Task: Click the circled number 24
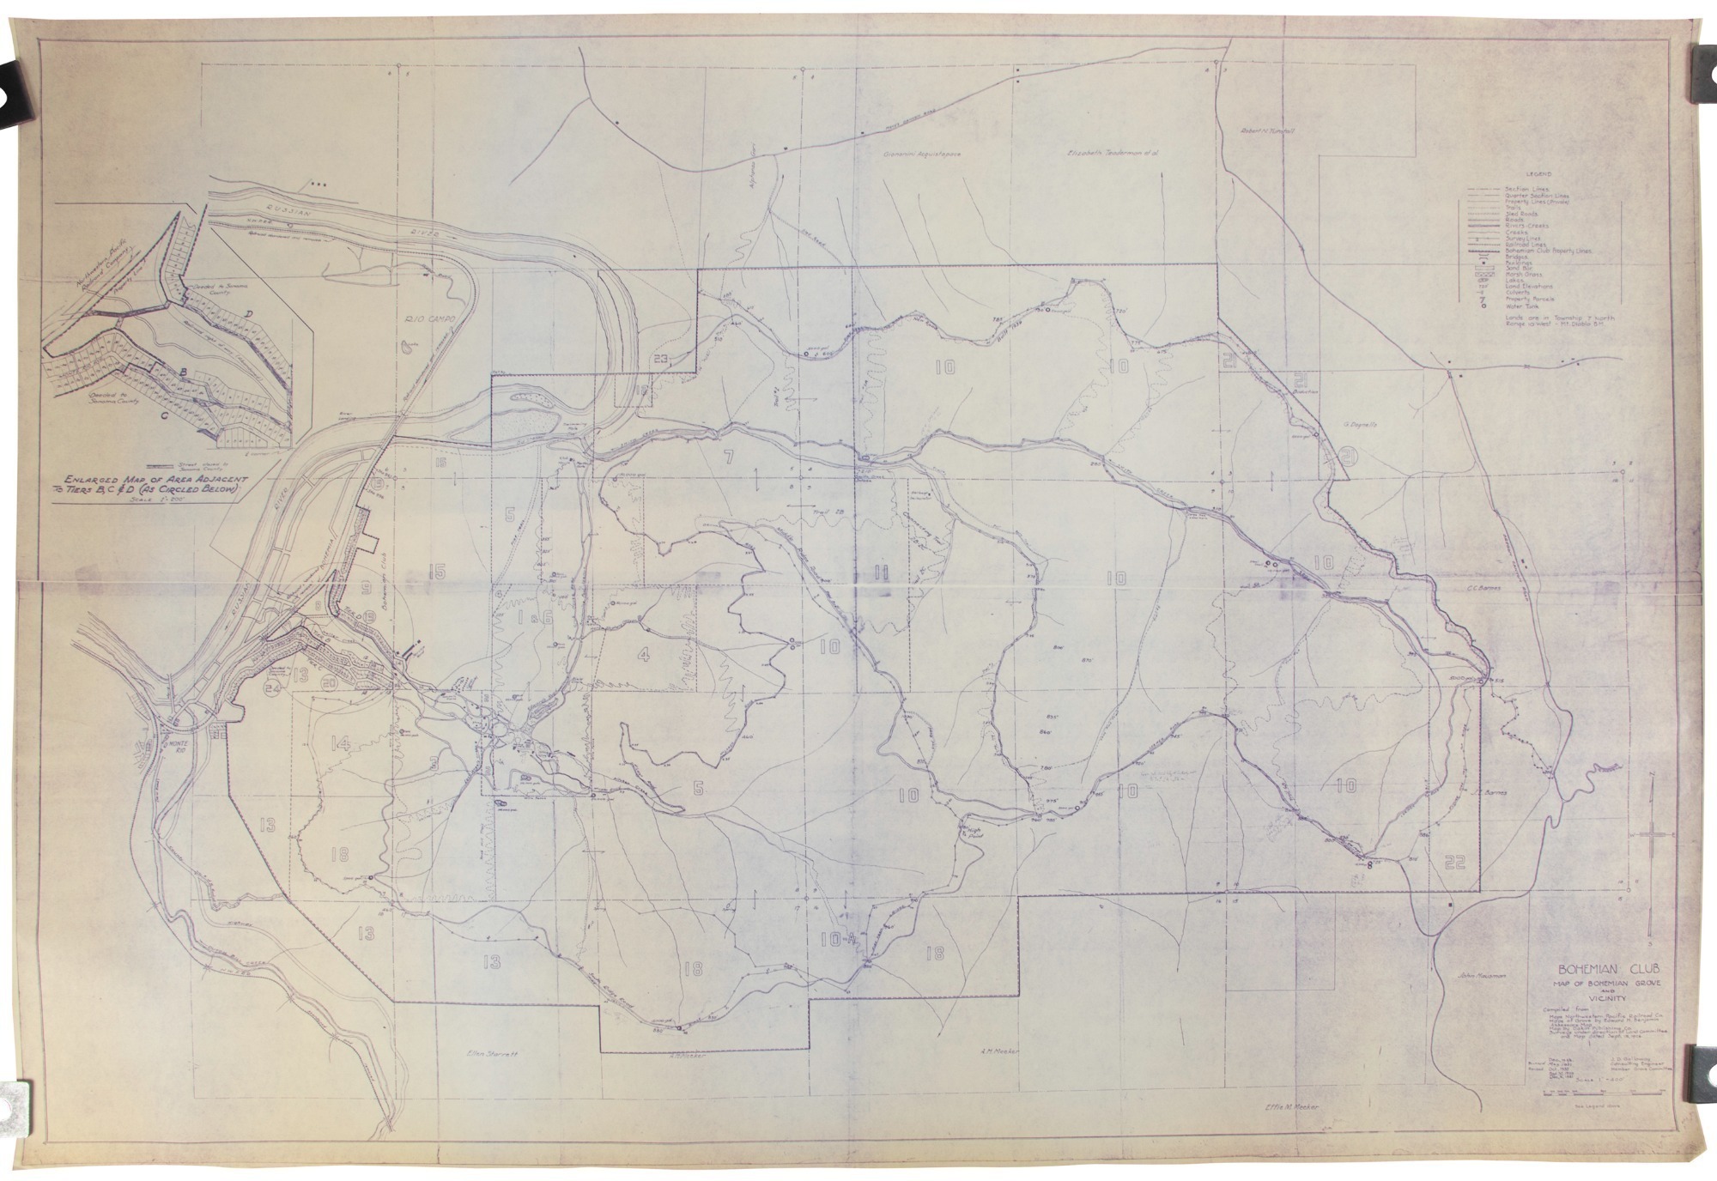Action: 273,687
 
